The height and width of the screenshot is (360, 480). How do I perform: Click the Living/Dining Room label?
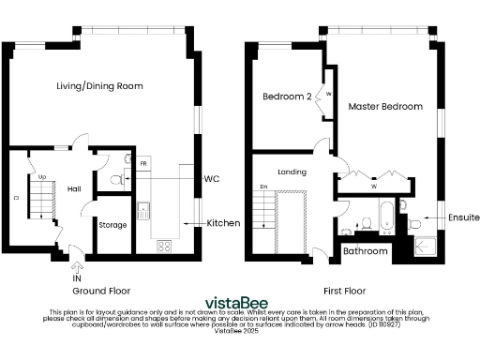coord(98,85)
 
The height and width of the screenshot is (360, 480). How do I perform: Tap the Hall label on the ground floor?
coord(73,187)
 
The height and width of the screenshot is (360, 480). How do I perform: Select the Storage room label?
coord(113,225)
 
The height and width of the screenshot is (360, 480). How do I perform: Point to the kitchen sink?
coord(143,210)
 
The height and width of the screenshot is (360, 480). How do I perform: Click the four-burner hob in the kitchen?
coord(163,247)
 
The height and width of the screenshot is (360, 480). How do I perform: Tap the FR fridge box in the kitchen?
coord(144,165)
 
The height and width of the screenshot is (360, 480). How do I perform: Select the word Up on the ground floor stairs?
coord(42,175)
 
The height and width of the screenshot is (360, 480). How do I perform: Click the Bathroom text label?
coord(365,251)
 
